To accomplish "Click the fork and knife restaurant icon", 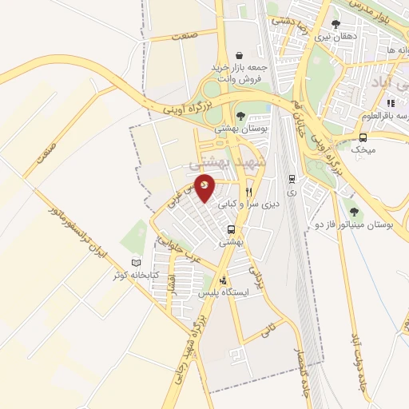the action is pos(248,192).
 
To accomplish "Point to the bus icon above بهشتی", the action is pos(231,232).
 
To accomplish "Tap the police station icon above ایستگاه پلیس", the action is pos(223,280).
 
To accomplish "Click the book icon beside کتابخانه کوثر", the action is pos(134,263).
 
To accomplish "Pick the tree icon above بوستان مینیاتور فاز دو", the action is pos(355,212).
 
